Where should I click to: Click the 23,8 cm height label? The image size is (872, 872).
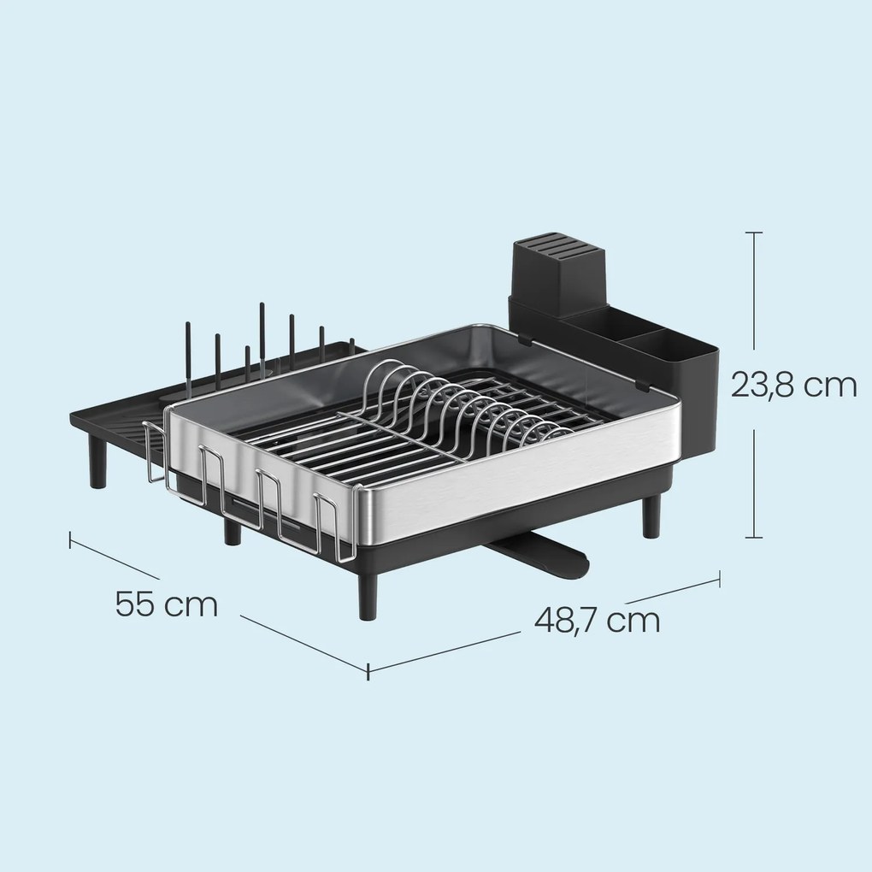(793, 385)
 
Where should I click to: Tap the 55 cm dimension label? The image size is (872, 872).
(167, 604)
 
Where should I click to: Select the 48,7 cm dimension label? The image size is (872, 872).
(598, 619)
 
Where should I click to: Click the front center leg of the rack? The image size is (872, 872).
(368, 595)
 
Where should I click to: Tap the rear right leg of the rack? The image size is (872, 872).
(651, 516)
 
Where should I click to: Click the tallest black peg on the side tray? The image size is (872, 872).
(262, 339)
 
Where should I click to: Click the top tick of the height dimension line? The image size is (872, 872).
(753, 233)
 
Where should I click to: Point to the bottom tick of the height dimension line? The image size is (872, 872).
(753, 537)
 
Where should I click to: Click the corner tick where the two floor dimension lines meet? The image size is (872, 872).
(368, 671)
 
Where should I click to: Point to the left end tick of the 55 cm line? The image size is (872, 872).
(70, 539)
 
